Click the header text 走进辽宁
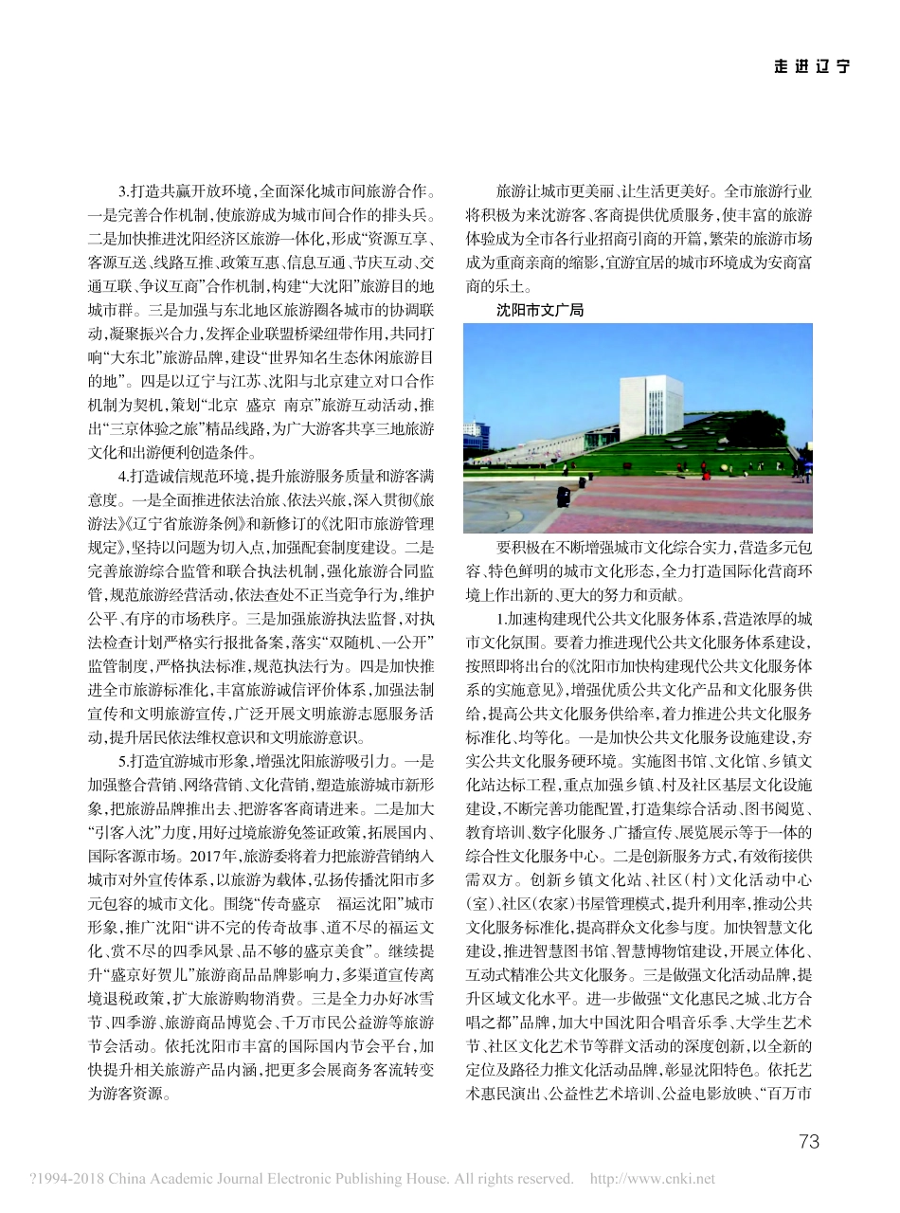click(x=811, y=65)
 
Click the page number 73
click(x=808, y=1142)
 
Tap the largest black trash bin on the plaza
click(x=565, y=497)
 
